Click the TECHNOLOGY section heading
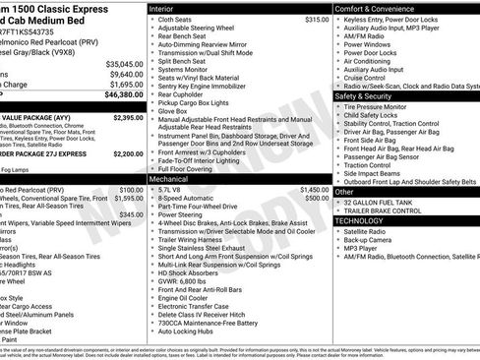coord(361,221)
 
